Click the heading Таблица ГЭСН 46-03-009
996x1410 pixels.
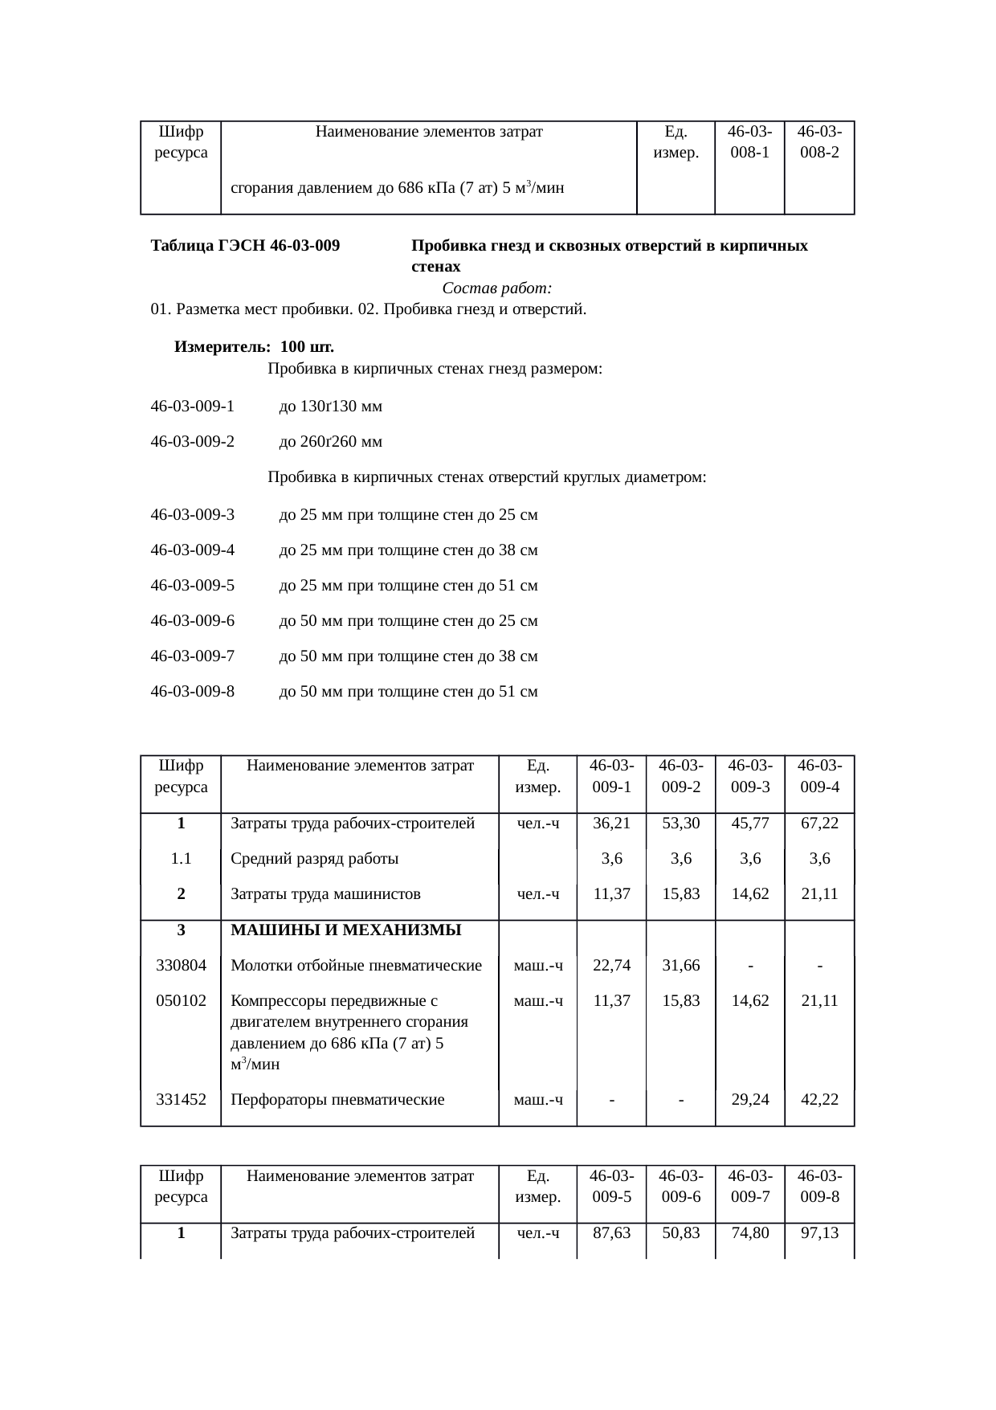[x=245, y=245]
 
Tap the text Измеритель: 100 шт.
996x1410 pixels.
[x=255, y=347]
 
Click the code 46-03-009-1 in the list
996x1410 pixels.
[x=193, y=407]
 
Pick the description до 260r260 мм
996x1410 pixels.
[x=330, y=442]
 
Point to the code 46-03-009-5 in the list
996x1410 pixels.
[x=193, y=586]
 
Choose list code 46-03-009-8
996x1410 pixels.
[x=193, y=692]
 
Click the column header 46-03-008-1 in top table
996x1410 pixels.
[x=749, y=141]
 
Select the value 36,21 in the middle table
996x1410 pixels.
[x=611, y=824]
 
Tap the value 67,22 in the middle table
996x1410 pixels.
[x=819, y=824]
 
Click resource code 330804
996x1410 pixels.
[x=182, y=966]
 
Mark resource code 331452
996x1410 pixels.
[x=182, y=1100]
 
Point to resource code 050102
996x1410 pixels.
[x=182, y=1001]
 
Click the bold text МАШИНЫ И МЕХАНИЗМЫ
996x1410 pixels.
[x=346, y=930]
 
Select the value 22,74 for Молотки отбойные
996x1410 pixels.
[x=611, y=966]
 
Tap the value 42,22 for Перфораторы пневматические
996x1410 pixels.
[x=819, y=1100]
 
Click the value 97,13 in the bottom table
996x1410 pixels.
[x=819, y=1232]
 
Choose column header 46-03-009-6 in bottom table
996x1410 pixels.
[x=680, y=1187]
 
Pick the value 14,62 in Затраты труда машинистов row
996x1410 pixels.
[x=750, y=894]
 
